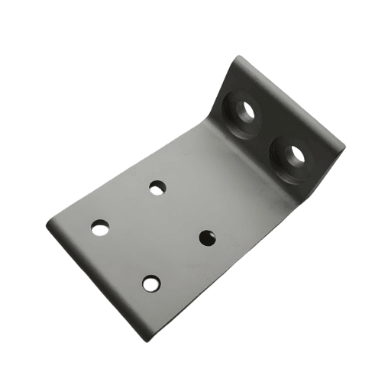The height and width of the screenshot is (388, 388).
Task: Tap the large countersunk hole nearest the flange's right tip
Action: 292,156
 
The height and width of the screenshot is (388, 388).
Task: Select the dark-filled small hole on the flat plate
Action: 207,238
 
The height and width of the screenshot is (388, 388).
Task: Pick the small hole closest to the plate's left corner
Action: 100,227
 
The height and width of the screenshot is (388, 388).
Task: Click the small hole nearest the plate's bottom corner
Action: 151,283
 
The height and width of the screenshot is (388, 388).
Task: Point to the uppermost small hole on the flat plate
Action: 157,187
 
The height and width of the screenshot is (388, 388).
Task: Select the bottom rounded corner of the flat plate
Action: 145,337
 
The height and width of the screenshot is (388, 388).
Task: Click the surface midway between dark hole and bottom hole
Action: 179,260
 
